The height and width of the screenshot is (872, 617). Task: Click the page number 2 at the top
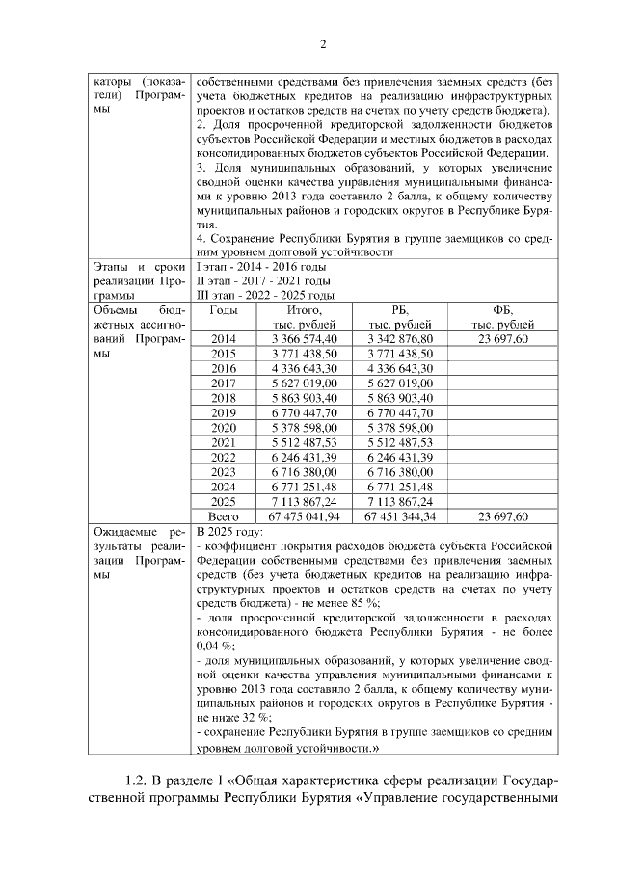tap(324, 43)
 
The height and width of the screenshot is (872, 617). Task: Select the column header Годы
tap(224, 310)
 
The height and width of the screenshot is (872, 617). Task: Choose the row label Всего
tap(224, 517)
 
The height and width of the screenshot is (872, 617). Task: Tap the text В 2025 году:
tap(229, 532)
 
